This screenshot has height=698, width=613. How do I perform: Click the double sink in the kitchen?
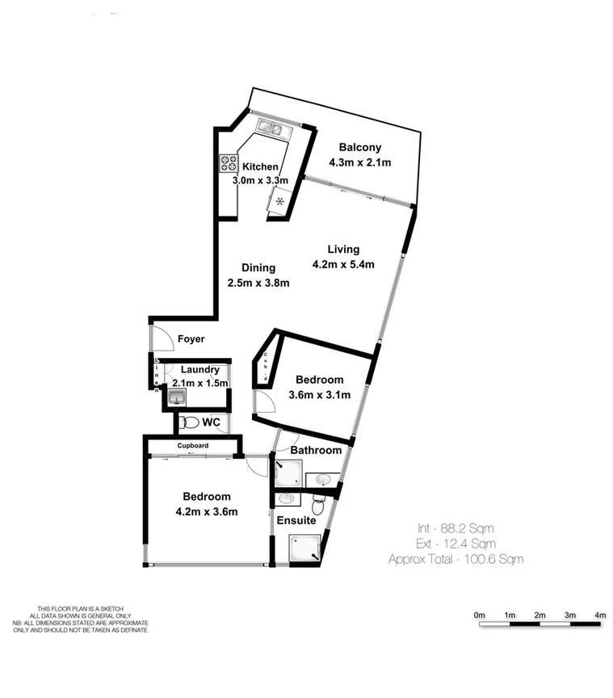270,128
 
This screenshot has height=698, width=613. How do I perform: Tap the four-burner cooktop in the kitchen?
228,163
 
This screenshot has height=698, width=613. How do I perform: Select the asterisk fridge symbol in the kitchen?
280,201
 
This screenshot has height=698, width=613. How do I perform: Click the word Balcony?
359,148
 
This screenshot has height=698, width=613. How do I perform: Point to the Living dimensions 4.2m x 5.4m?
343,264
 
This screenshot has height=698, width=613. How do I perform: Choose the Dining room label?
258,267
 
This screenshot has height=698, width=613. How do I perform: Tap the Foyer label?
190,339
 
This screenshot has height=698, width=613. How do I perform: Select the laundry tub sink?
175,397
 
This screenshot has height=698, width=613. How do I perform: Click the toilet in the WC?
189,423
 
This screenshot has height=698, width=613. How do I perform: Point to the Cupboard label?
193,446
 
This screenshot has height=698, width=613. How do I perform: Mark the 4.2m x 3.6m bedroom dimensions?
206,511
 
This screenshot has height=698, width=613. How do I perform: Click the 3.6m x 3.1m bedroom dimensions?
320,395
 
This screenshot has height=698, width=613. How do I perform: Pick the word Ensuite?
296,521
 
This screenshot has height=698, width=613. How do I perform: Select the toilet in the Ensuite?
319,505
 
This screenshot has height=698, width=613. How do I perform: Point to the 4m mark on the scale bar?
599,616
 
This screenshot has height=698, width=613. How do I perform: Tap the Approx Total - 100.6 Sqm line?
456,558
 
